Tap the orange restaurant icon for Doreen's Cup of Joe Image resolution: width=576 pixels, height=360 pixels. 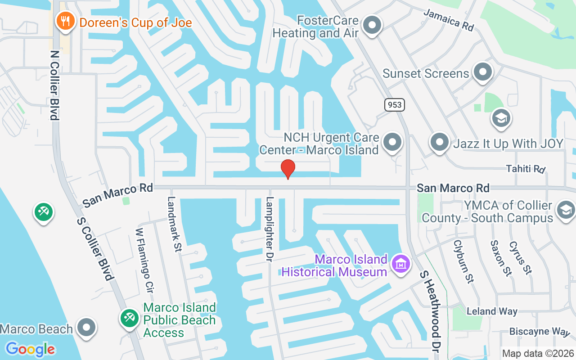(x=65, y=21)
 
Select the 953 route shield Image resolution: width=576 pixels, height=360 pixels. (x=395, y=105)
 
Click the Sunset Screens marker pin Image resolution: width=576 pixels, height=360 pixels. (x=483, y=72)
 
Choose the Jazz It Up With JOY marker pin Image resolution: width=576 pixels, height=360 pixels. (x=440, y=143)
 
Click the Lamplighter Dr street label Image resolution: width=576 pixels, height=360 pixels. (x=270, y=229)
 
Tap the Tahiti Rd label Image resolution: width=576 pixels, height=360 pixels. (x=526, y=169)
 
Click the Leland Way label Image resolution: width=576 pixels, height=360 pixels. (x=492, y=311)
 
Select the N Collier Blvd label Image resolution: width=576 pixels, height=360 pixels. (x=54, y=85)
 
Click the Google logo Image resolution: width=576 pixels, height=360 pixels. (x=30, y=349)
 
